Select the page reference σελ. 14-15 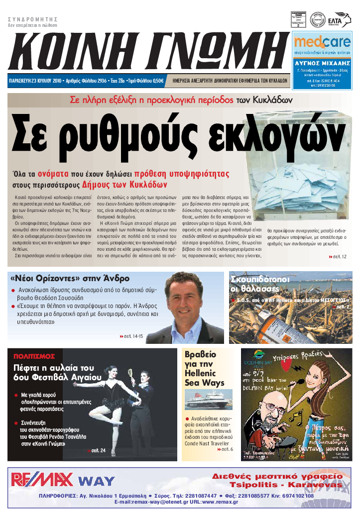pyautogui.click(x=132, y=337)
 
